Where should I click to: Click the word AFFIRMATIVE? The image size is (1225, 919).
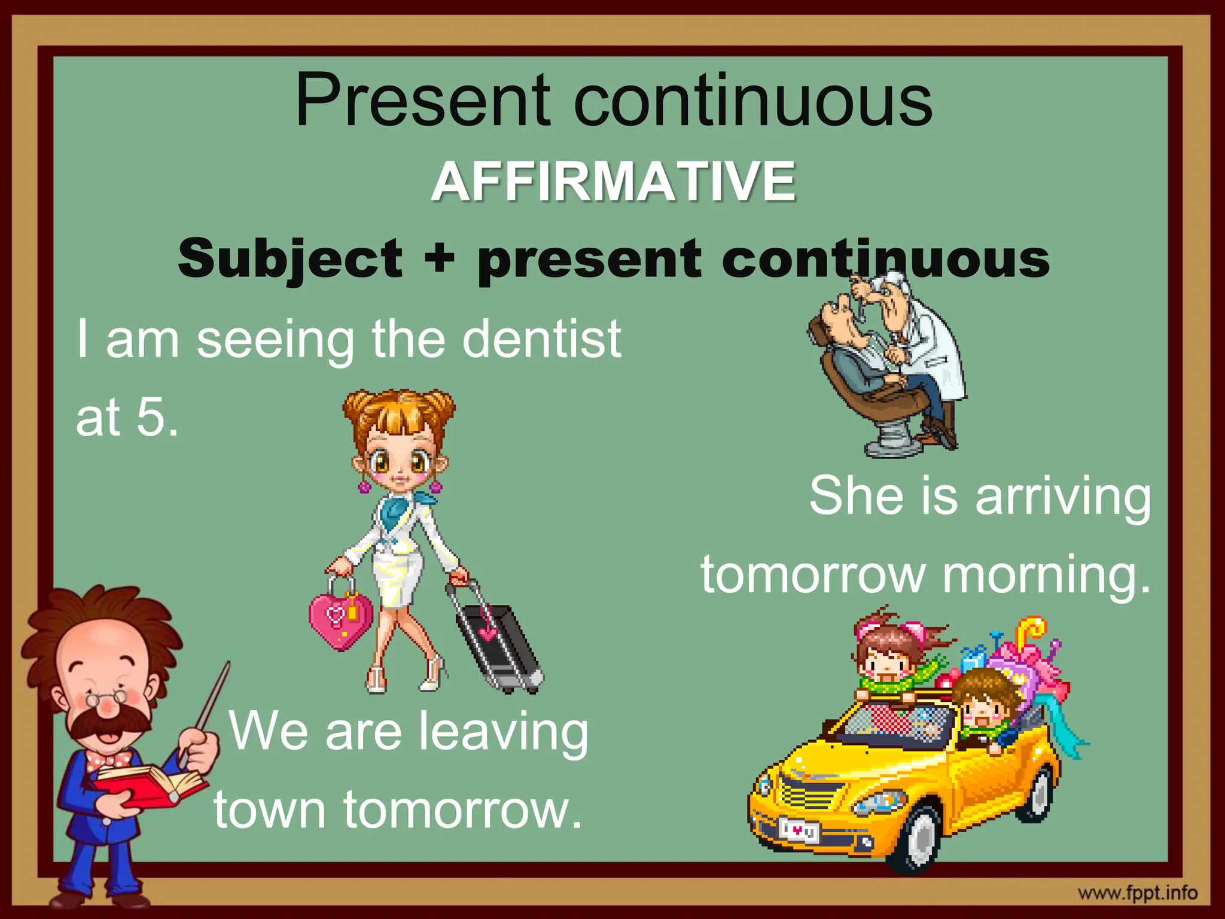[614, 181]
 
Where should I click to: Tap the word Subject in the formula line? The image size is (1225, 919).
[291, 258]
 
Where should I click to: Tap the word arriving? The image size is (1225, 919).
[1063, 497]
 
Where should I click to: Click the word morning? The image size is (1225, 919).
[1046, 574]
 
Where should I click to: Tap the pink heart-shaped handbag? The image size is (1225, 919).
[340, 619]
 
